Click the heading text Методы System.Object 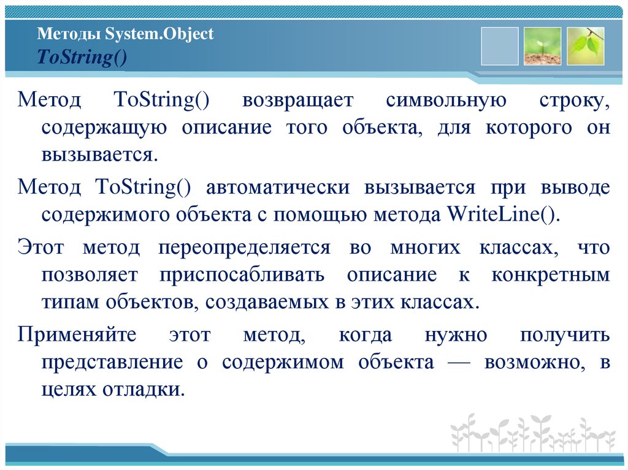[125, 34]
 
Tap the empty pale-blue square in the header [499, 46]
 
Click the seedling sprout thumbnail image [542, 46]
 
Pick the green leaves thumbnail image [585, 46]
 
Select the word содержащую [104, 128]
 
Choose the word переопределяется [244, 248]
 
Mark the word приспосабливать [242, 275]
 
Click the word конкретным [550, 275]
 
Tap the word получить [565, 335]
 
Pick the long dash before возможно [459, 362]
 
